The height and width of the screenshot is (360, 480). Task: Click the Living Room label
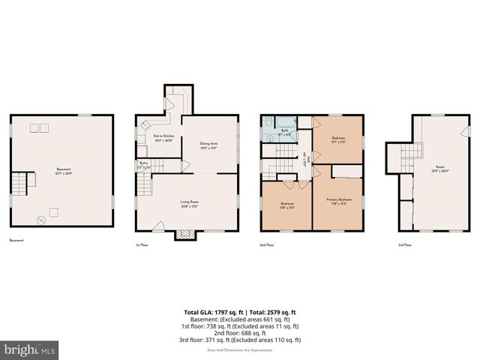point(188,202)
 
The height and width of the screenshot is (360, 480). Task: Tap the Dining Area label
point(208,145)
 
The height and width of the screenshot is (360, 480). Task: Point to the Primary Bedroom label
point(339,201)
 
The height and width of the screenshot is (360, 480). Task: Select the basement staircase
point(28,182)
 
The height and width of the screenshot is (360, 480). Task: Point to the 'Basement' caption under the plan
point(16,241)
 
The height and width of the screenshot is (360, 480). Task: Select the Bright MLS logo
point(29,349)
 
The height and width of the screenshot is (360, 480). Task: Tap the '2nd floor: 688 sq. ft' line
point(240,332)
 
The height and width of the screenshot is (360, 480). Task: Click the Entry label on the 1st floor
point(143,166)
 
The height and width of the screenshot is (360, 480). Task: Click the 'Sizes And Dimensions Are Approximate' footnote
point(240,348)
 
